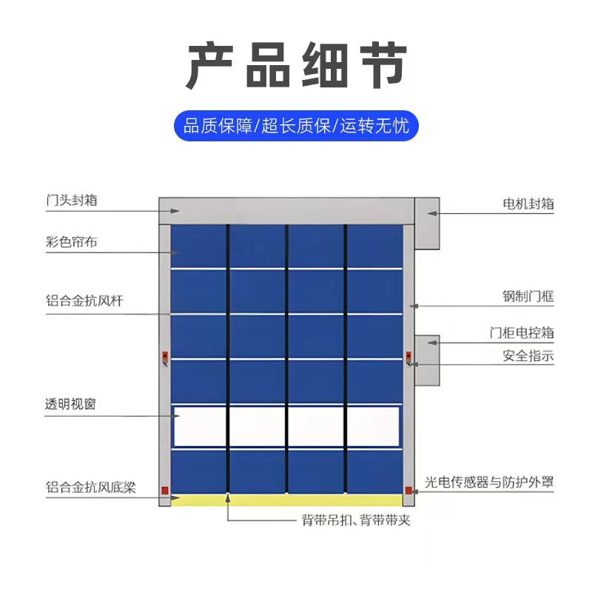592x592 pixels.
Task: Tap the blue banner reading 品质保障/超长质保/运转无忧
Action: pos(296,126)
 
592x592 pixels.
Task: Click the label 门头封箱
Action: pos(72,201)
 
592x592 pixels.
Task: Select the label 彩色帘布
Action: pos(72,241)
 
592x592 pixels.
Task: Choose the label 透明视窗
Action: pos(72,404)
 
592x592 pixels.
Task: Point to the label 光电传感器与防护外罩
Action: pos(489,483)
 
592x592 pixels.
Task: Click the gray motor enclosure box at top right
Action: pos(427,223)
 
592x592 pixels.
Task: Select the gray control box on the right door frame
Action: pos(427,361)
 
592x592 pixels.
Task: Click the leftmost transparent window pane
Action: pos(200,427)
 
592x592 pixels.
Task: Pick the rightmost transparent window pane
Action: pos(374,427)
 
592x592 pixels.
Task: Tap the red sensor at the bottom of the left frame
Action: pos(164,490)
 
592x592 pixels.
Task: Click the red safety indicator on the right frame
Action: pos(408,358)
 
